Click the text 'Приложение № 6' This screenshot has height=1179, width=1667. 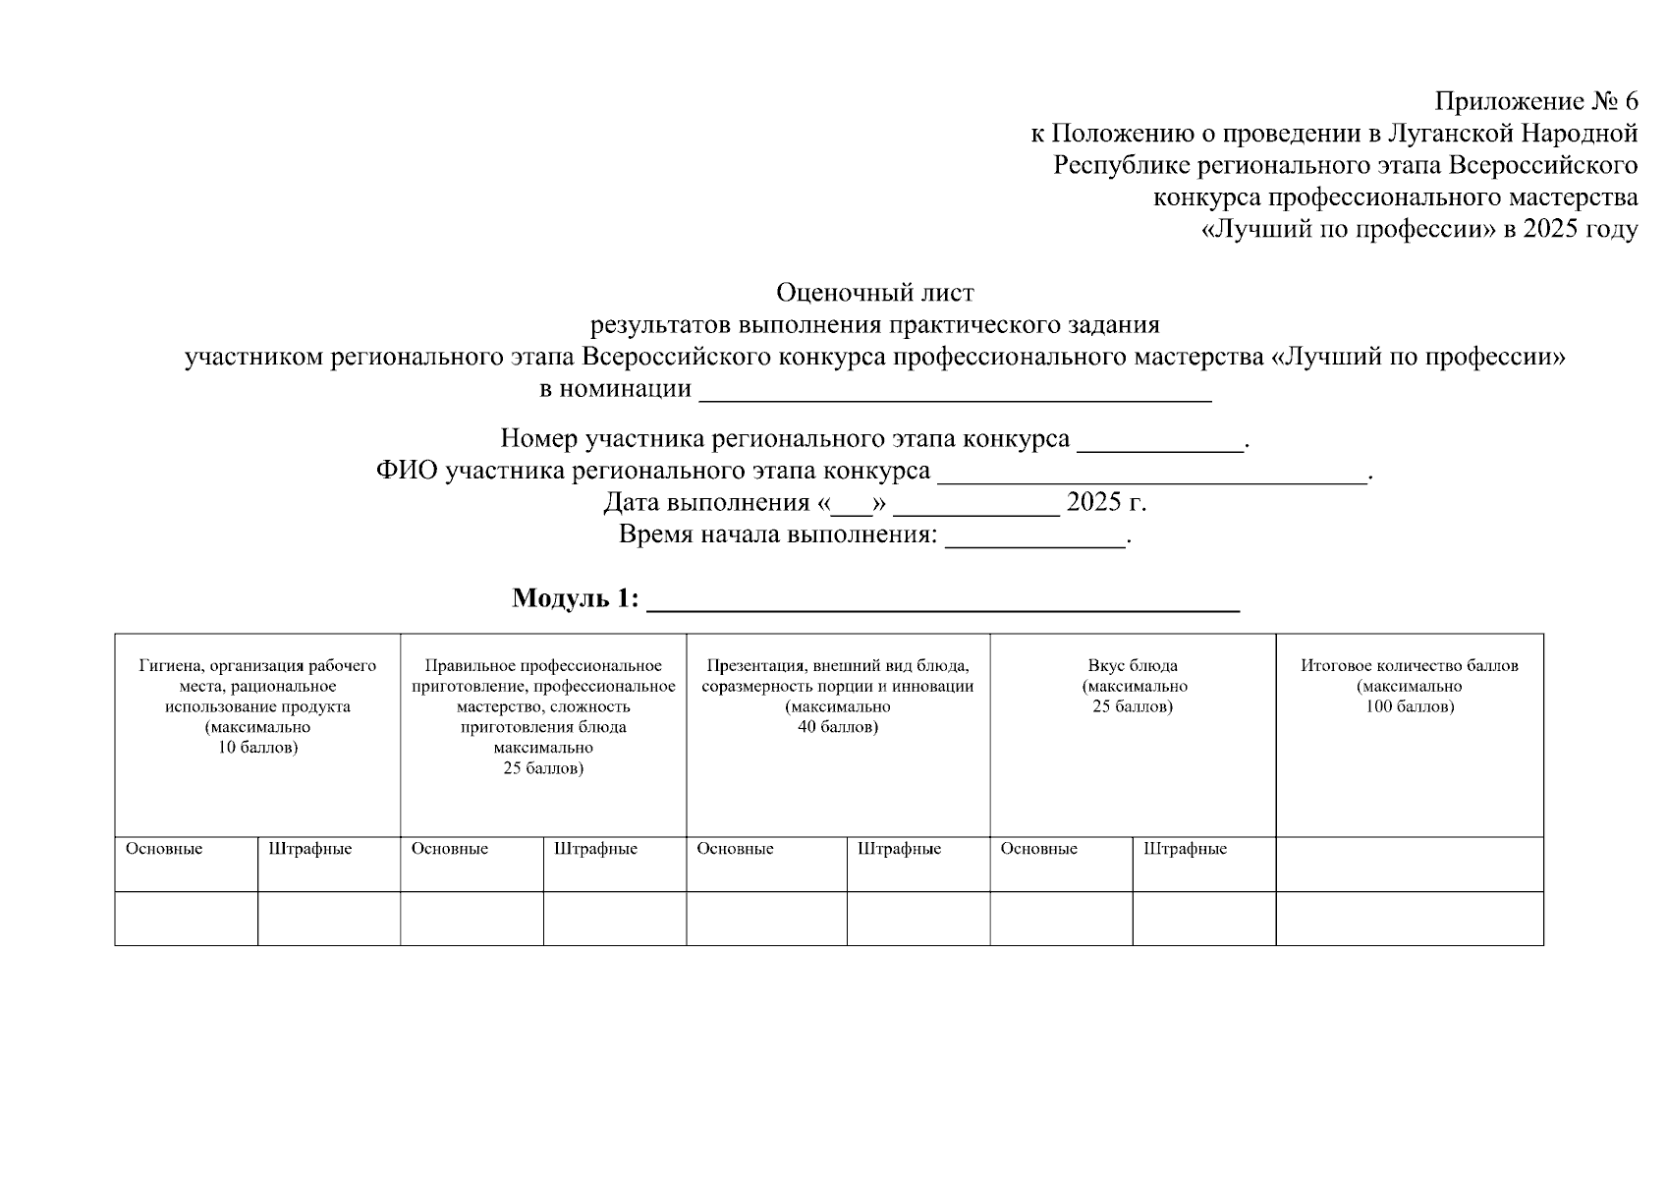tap(1535, 101)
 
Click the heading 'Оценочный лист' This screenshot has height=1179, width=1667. tap(874, 293)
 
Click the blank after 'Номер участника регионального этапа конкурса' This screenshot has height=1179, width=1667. tap(1160, 442)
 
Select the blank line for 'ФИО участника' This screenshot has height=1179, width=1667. tap(1151, 475)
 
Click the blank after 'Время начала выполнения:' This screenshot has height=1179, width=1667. tap(1034, 538)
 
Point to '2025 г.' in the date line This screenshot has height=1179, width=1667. tap(1106, 503)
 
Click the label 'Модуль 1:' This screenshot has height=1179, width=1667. tap(575, 598)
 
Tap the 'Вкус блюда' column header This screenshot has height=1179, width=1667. tap(1132, 666)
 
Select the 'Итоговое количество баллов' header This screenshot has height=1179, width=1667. tap(1409, 666)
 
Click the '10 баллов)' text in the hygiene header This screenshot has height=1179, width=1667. tap(257, 749)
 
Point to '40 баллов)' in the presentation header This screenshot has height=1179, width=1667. tap(837, 728)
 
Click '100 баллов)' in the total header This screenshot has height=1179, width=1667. tap(1409, 707)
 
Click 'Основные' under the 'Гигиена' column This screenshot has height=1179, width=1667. tap(164, 850)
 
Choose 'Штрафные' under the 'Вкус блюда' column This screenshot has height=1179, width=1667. tap(1185, 850)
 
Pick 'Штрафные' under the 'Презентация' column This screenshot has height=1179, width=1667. tap(899, 850)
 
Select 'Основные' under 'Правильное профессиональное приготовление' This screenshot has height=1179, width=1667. tap(450, 850)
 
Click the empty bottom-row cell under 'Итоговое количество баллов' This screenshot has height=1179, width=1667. tap(1409, 919)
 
